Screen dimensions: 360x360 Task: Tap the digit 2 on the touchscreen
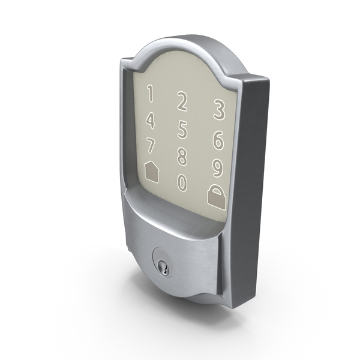(x=182, y=101)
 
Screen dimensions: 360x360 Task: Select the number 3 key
(x=219, y=110)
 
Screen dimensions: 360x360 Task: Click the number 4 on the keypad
(x=151, y=121)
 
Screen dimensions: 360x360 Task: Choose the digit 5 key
(x=182, y=130)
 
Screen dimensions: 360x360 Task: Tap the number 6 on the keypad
(x=218, y=140)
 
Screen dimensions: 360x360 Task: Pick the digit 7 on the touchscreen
(x=151, y=145)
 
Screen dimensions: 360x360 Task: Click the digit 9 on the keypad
(x=217, y=168)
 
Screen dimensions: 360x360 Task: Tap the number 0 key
(x=182, y=183)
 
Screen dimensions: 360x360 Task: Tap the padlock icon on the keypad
(x=217, y=197)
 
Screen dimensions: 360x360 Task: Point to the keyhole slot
(x=165, y=269)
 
